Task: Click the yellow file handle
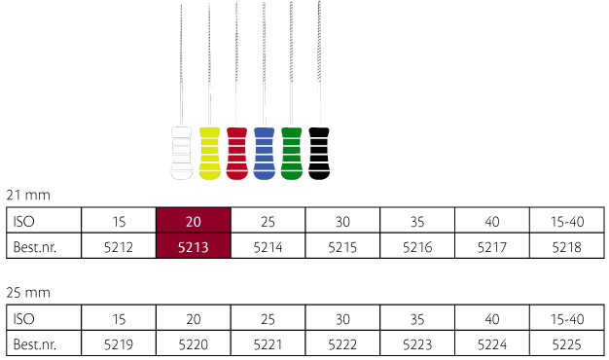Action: (210, 154)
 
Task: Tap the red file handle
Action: (237, 154)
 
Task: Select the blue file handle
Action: (264, 154)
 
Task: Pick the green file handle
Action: (291, 154)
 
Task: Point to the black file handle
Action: (319, 154)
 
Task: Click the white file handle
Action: (181, 154)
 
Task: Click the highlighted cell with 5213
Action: (194, 246)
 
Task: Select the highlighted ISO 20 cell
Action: (194, 221)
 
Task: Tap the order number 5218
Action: (566, 246)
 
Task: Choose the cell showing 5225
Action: (566, 343)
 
